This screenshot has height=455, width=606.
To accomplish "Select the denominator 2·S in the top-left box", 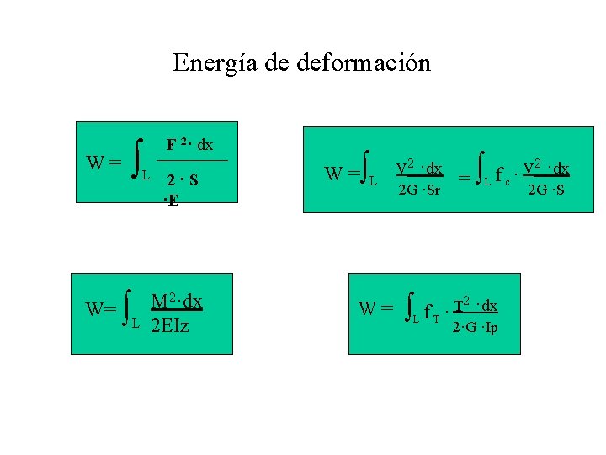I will click(182, 179).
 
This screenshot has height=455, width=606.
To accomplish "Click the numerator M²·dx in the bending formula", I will click(177, 302).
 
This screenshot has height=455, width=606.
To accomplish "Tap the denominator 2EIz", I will click(169, 324).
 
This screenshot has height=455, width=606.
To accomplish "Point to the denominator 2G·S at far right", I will click(545, 188).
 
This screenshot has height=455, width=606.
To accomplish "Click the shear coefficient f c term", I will click(502, 176).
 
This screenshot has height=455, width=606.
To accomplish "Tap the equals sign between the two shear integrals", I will click(464, 177).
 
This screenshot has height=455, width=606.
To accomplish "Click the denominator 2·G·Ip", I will click(475, 327).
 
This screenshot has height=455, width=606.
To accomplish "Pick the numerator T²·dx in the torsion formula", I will click(476, 305).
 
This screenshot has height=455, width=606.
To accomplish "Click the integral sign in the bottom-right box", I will click(410, 308).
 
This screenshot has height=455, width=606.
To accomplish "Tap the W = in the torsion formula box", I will click(375, 308).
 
